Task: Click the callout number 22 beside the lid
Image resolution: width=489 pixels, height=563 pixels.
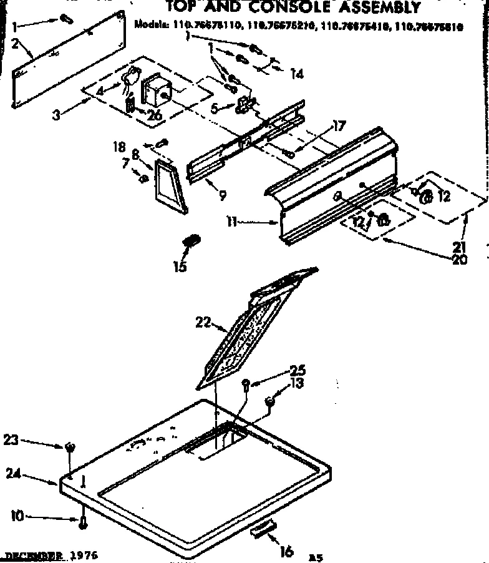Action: pos(201,323)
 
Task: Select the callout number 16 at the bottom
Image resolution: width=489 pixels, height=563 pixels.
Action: pos(287,551)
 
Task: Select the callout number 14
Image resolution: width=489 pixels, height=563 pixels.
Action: pos(296,74)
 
